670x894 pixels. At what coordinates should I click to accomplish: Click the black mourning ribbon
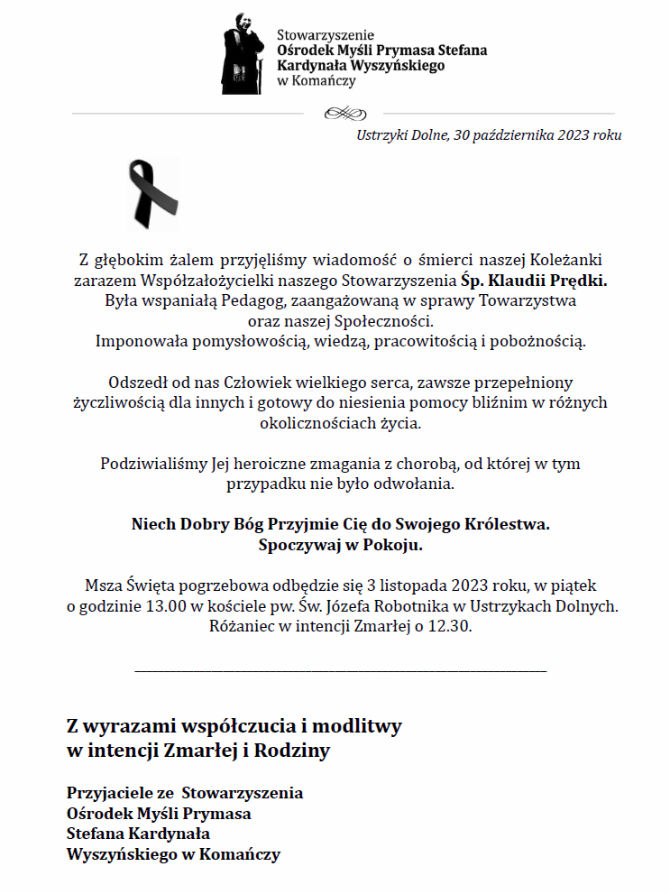pyautogui.click(x=153, y=193)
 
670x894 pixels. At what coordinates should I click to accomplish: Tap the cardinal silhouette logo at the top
pyautogui.click(x=242, y=54)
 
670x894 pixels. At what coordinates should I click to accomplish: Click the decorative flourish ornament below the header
pyautogui.click(x=343, y=114)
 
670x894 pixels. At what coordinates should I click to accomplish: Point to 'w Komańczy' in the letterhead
pyautogui.click(x=316, y=81)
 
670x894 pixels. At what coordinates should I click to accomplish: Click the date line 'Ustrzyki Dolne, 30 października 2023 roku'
pyautogui.click(x=489, y=135)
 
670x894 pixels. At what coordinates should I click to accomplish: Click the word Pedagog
pyautogui.click(x=249, y=300)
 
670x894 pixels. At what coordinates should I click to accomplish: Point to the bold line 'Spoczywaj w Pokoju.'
pyautogui.click(x=340, y=545)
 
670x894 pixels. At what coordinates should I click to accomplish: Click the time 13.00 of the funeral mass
pyautogui.click(x=171, y=605)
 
